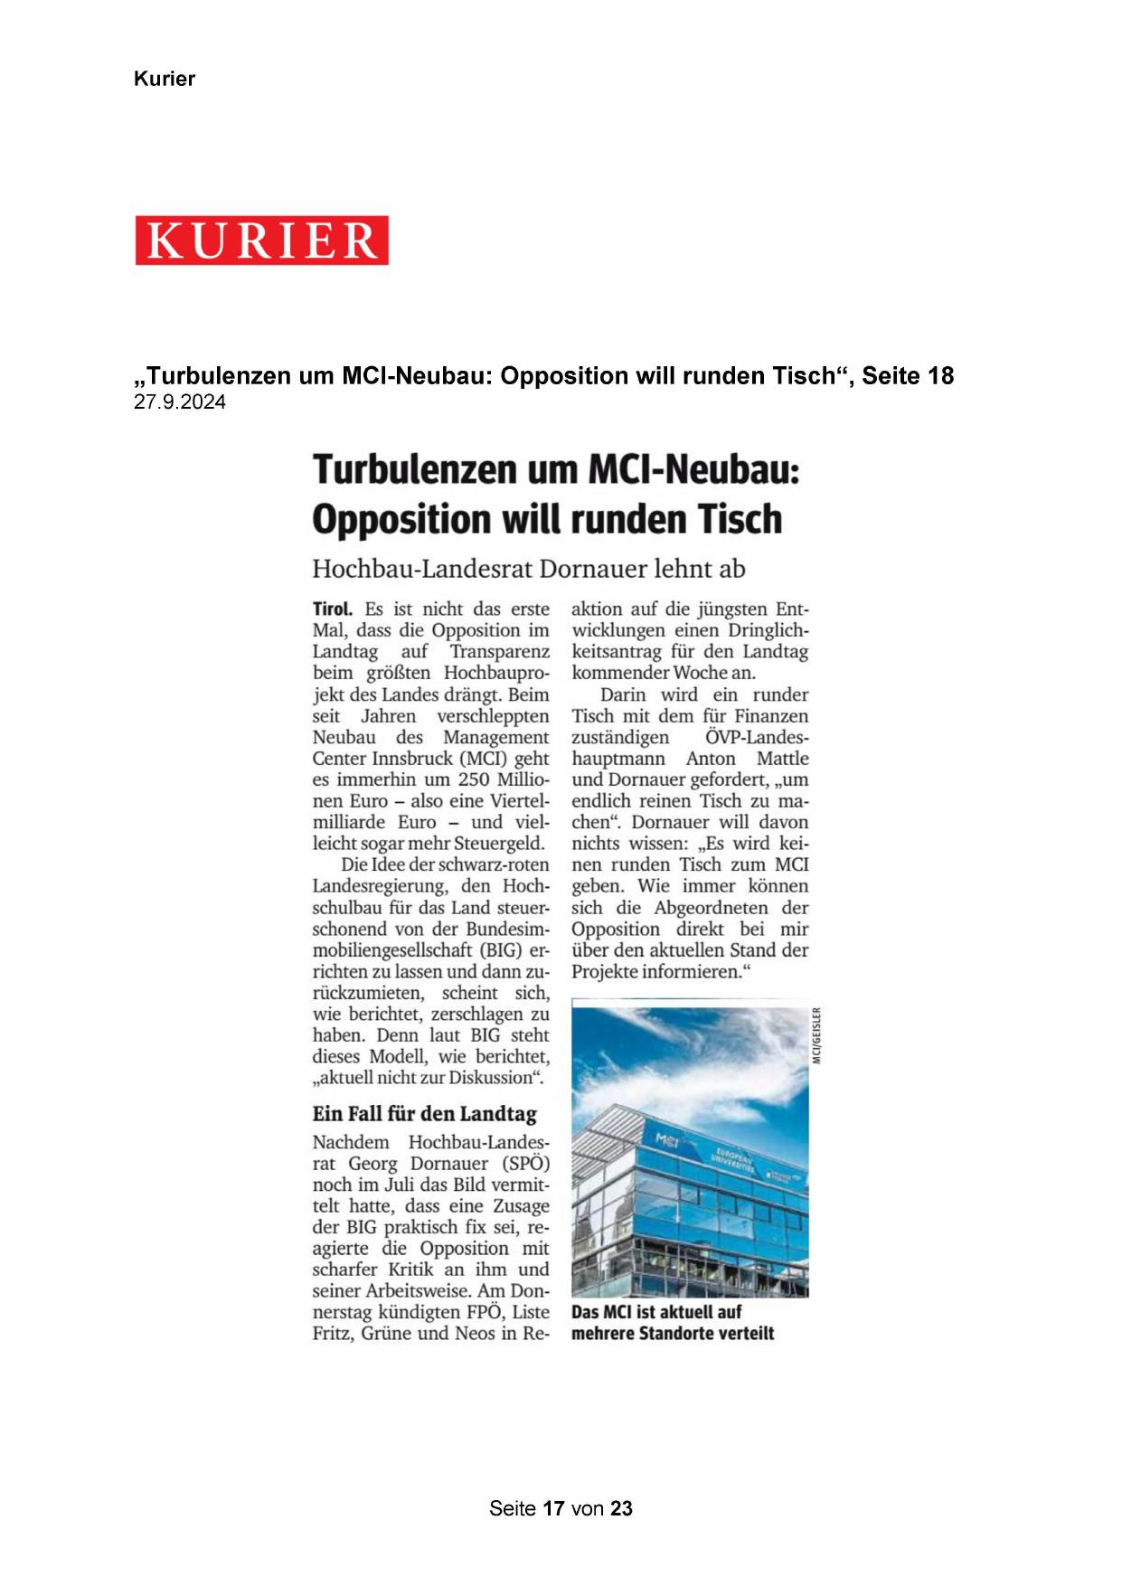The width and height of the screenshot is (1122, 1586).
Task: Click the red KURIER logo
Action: (262, 241)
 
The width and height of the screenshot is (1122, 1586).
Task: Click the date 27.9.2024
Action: (180, 402)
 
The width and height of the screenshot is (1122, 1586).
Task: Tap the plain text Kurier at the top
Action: (165, 79)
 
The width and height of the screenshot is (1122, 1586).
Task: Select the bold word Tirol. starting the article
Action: (333, 609)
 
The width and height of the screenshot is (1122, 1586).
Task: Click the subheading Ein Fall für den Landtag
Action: (425, 1113)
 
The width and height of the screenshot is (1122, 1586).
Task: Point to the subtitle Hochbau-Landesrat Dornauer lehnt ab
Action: (529, 569)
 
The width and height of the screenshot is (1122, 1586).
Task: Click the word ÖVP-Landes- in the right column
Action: (757, 737)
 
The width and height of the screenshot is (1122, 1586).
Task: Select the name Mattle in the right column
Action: (782, 758)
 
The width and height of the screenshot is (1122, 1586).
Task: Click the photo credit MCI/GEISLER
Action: (816, 1035)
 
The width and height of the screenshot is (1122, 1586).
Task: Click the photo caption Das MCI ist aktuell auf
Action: (656, 1311)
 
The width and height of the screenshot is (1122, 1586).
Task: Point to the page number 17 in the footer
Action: (553, 1508)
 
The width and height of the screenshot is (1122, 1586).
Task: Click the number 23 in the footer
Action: (621, 1508)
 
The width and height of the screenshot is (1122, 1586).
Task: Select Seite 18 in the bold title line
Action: (907, 376)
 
